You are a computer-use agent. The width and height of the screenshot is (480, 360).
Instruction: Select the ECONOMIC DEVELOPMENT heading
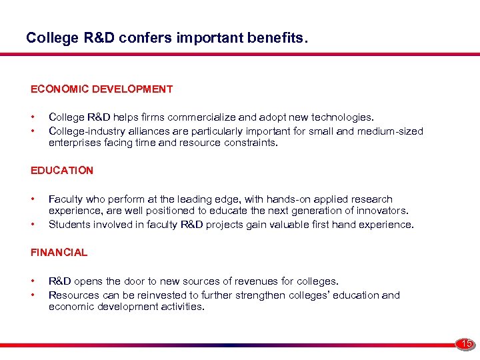coord(101,89)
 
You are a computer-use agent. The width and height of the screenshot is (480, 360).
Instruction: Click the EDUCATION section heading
coord(62,170)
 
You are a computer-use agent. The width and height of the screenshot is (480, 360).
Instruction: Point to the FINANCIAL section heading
coord(59,252)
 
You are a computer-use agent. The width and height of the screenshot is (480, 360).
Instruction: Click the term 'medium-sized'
coord(391,131)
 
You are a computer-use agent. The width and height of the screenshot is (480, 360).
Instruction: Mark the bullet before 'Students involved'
coord(33,225)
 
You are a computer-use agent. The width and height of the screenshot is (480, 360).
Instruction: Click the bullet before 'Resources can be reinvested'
coord(33,295)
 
